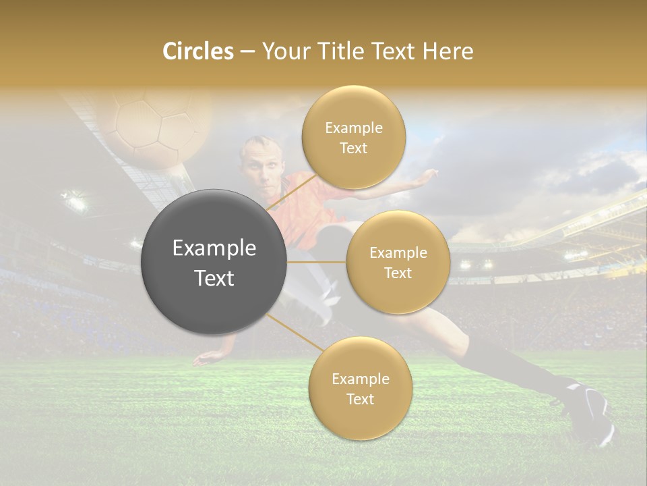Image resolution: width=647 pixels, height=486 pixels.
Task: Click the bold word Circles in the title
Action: coord(197,51)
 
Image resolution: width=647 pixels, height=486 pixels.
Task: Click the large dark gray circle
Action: coord(214,262)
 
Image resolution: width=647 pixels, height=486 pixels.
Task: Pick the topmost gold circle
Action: coord(353,137)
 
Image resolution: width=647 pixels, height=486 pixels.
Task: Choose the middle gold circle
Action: coord(398,262)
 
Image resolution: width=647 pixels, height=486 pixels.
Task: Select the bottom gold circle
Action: coord(360,388)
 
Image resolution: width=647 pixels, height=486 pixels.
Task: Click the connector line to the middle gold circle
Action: coord(317,262)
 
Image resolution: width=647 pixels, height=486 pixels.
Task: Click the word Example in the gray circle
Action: coord(214,248)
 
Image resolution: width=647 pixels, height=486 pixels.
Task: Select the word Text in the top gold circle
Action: coord(353,148)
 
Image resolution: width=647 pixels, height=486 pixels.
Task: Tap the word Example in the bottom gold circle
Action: coord(360,379)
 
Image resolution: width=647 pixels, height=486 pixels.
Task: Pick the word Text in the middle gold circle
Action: coord(398,273)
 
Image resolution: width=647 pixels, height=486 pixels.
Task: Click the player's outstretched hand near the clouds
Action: coord(426,177)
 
